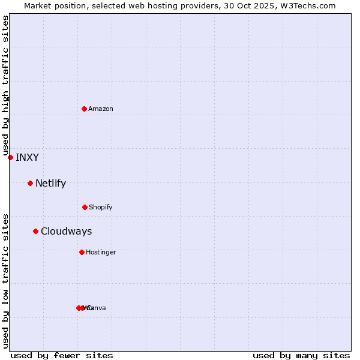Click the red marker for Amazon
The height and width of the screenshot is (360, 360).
tap(84, 109)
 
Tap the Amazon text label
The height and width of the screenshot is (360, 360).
tap(101, 109)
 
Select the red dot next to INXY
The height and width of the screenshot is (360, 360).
tap(10, 157)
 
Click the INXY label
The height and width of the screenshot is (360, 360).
tap(27, 158)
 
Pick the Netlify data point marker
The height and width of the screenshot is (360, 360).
tap(30, 183)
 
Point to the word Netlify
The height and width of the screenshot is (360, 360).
tap(50, 184)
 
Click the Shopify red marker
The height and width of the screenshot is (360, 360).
tap(85, 207)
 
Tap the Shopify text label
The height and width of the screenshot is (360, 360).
tap(101, 208)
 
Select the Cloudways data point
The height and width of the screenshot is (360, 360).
tap(35, 231)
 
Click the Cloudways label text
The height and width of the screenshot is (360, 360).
tap(66, 232)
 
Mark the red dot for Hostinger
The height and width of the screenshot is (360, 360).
tap(82, 252)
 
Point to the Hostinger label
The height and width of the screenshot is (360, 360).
tap(101, 253)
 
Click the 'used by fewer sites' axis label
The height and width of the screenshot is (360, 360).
tap(62, 355)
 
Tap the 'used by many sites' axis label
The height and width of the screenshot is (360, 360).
tap(301, 355)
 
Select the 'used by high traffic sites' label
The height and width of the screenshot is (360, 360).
tap(5, 86)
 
